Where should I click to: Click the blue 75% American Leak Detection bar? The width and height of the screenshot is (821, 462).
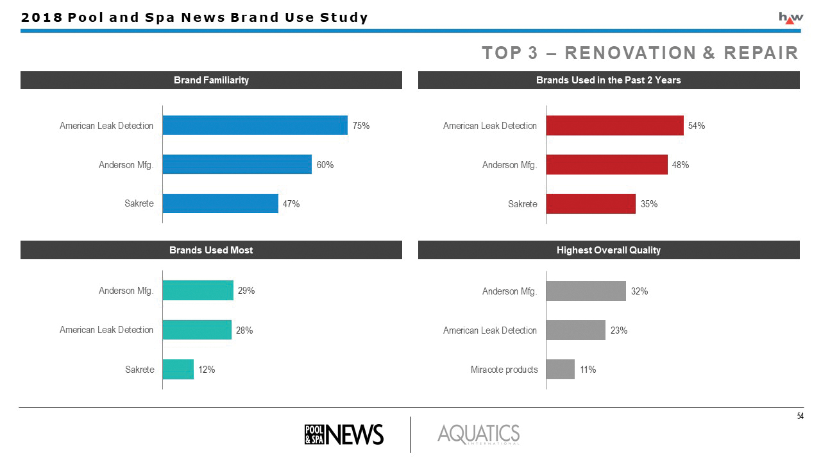pyautogui.click(x=255, y=125)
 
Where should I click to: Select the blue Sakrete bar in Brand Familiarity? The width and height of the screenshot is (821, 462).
pyautogui.click(x=220, y=203)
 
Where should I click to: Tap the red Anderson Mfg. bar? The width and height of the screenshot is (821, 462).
pyautogui.click(x=606, y=165)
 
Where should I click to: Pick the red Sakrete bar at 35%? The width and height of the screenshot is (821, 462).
pyautogui.click(x=590, y=203)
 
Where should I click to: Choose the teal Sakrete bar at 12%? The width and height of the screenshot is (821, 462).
pyautogui.click(x=178, y=369)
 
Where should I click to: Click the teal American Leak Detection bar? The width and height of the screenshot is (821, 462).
pyautogui.click(x=197, y=330)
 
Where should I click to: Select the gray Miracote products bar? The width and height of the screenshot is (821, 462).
pyautogui.click(x=560, y=369)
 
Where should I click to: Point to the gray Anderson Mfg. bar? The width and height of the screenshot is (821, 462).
pyautogui.click(x=586, y=291)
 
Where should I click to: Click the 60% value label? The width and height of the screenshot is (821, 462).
pyautogui.click(x=325, y=165)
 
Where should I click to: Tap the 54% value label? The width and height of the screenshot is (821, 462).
pyautogui.click(x=697, y=126)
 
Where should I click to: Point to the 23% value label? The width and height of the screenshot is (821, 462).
pyautogui.click(x=619, y=330)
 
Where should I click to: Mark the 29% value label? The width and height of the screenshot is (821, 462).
pyautogui.click(x=246, y=291)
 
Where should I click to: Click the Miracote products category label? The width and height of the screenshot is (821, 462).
pyautogui.click(x=504, y=370)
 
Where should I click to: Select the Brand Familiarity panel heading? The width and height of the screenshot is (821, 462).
pyautogui.click(x=211, y=80)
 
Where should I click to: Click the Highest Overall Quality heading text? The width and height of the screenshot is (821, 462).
pyautogui.click(x=608, y=250)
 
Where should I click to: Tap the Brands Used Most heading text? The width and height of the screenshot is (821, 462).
pyautogui.click(x=211, y=250)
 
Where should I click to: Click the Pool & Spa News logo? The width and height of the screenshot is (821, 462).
pyautogui.click(x=344, y=434)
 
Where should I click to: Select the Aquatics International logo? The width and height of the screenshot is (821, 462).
pyautogui.click(x=478, y=434)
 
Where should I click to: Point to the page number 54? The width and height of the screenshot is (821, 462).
pyautogui.click(x=800, y=416)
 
